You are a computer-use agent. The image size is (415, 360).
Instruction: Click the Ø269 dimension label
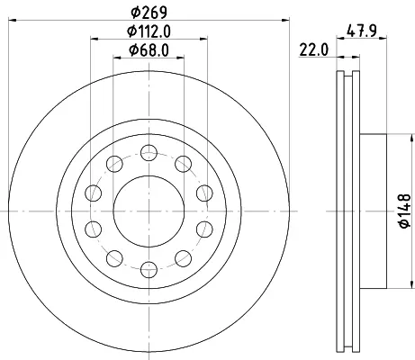click(149, 12)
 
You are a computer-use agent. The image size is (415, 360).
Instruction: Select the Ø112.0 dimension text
click(149, 31)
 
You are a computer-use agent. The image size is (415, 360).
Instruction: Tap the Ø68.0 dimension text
click(149, 50)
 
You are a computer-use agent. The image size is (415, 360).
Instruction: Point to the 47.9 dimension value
click(362, 31)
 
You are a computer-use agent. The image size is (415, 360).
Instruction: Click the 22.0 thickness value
click(314, 50)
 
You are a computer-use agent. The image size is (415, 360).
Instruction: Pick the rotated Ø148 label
click(405, 211)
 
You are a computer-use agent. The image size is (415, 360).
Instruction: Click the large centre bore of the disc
click(149, 211)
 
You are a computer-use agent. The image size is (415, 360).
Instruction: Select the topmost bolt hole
click(149, 153)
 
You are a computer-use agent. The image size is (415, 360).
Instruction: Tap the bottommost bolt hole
click(149, 269)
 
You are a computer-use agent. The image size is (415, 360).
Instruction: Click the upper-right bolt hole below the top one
click(183, 164)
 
